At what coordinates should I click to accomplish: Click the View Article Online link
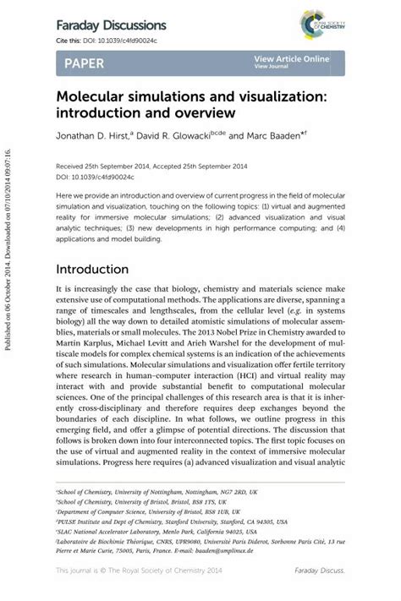[x=291, y=58]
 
